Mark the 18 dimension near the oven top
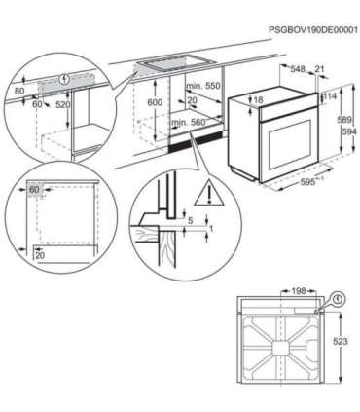pos(256,99)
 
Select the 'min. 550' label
pos(198,88)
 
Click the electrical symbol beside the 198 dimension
pos(336,301)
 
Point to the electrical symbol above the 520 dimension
pos(65,78)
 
